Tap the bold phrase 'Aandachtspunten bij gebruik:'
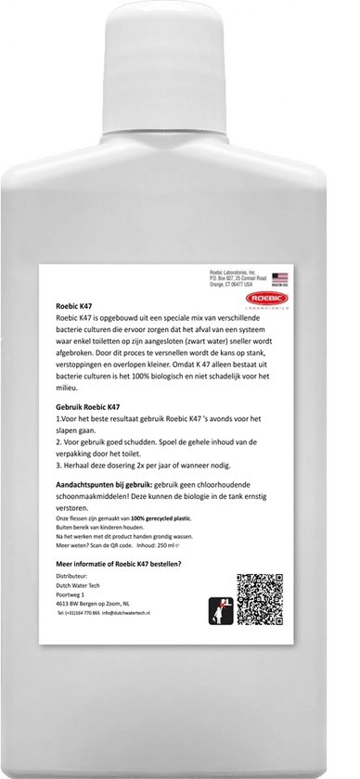click(106, 485)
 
